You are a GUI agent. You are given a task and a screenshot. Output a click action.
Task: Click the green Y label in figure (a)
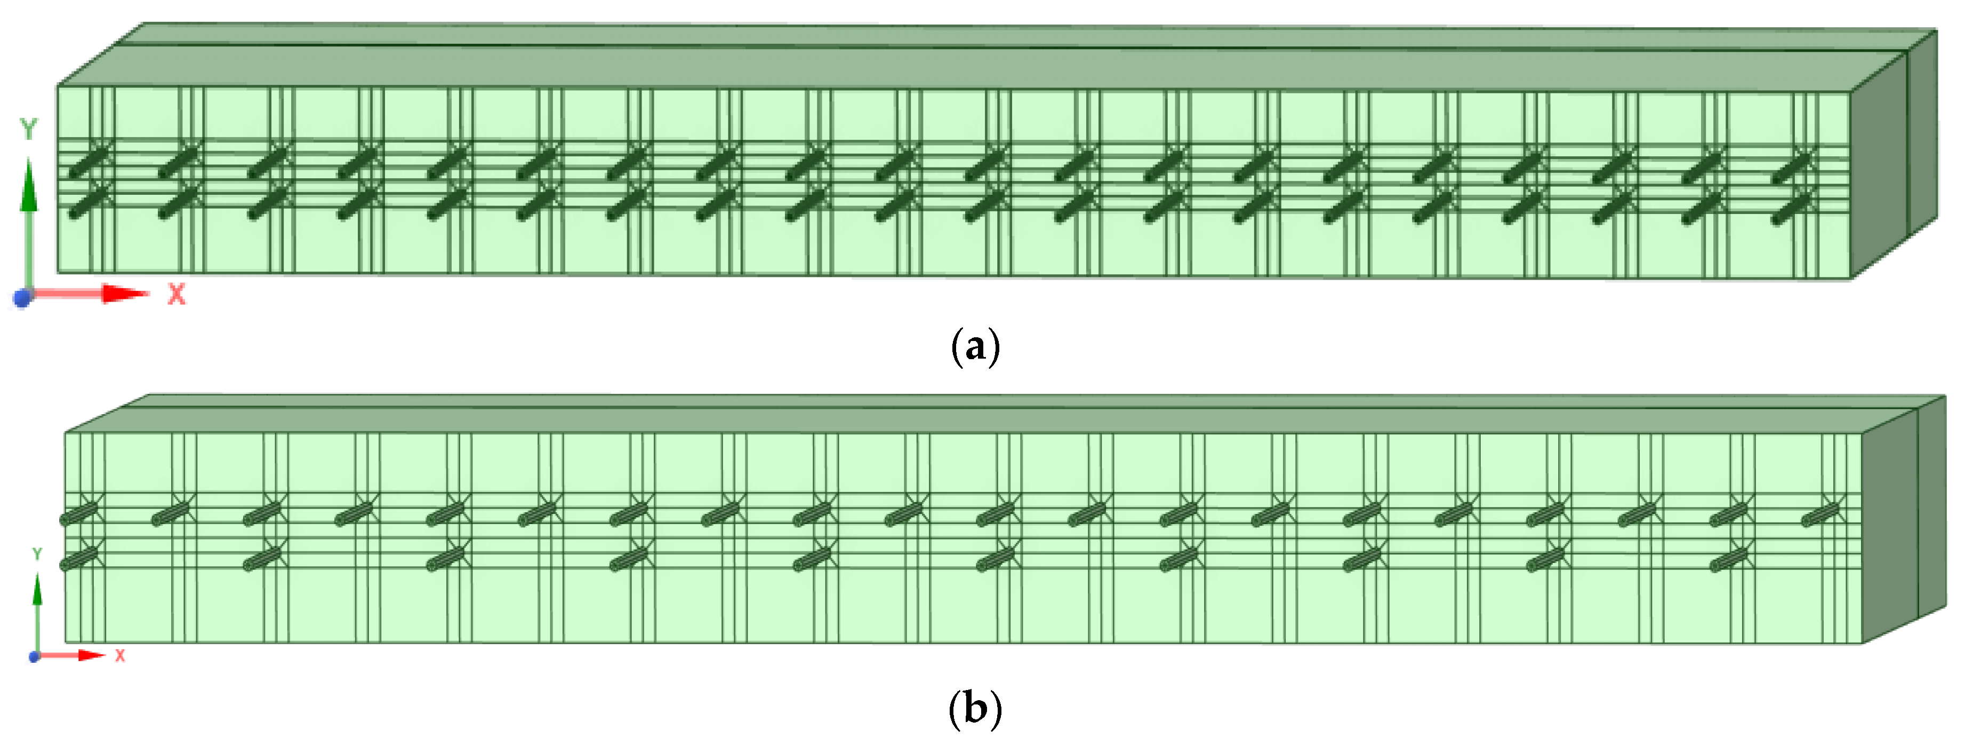point(29,129)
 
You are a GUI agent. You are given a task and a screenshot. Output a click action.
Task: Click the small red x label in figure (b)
point(120,655)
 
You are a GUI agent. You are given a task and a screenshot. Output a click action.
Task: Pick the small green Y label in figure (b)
point(37,554)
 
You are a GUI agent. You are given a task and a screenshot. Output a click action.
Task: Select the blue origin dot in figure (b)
point(34,656)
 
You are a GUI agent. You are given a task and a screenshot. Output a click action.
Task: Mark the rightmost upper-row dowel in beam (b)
point(1820,515)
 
